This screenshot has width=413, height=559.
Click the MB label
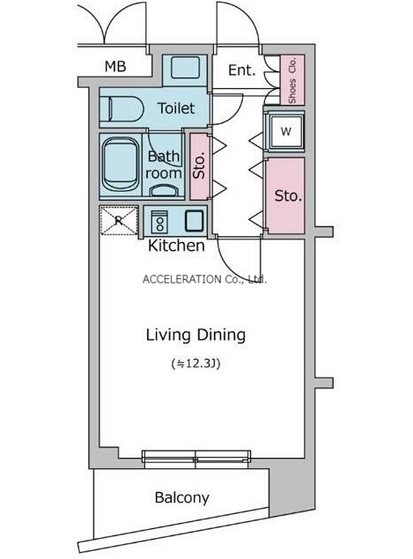115,66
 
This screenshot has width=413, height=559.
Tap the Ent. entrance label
242,70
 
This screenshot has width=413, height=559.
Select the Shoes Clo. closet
292,80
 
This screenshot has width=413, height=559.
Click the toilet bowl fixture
122,109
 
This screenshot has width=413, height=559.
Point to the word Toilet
176,108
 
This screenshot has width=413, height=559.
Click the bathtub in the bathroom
121,165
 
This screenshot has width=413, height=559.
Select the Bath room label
164,165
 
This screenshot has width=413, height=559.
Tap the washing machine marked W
285,131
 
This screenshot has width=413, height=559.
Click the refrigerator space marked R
119,220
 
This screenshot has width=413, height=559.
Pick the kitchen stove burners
159,221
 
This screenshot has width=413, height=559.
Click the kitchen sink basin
195,221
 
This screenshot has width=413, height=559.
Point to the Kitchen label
176,246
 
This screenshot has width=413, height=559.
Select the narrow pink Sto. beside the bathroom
199,166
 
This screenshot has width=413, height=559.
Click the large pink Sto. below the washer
285,195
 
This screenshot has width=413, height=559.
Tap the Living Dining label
195,335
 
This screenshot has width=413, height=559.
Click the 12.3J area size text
195,364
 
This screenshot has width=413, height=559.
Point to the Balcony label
182,497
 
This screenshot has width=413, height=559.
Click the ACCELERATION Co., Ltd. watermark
204,279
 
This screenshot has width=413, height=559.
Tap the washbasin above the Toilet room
184,68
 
